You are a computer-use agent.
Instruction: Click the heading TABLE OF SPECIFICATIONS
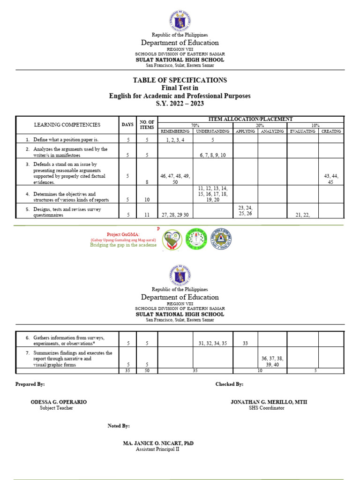(180, 80)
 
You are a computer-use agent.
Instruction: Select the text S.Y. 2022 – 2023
(180, 104)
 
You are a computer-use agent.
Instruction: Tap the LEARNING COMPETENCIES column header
(67, 125)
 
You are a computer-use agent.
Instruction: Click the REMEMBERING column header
(175, 131)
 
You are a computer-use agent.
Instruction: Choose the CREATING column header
(331, 131)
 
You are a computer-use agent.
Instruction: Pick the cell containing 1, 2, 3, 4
(175, 140)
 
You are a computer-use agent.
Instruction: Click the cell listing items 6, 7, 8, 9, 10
(213, 155)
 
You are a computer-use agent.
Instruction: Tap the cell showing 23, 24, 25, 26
(245, 210)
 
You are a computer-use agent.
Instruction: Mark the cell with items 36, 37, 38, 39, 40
(272, 361)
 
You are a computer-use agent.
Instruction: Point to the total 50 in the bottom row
(147, 370)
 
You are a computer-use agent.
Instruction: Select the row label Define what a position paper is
(68, 140)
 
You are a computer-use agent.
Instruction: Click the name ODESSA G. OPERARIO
(59, 402)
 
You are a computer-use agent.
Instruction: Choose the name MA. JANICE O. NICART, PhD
(158, 443)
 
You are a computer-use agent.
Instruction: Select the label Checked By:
(229, 384)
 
